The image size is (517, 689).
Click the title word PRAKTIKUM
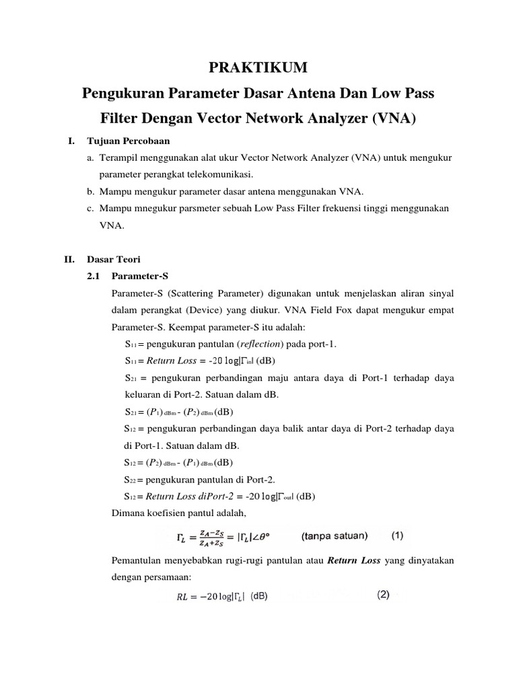(x=258, y=67)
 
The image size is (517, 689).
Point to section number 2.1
(x=94, y=276)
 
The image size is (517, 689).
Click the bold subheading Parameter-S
(x=139, y=276)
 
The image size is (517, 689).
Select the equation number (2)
(x=383, y=594)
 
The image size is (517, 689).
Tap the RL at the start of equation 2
(x=176, y=596)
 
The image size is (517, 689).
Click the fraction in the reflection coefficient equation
(x=209, y=538)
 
